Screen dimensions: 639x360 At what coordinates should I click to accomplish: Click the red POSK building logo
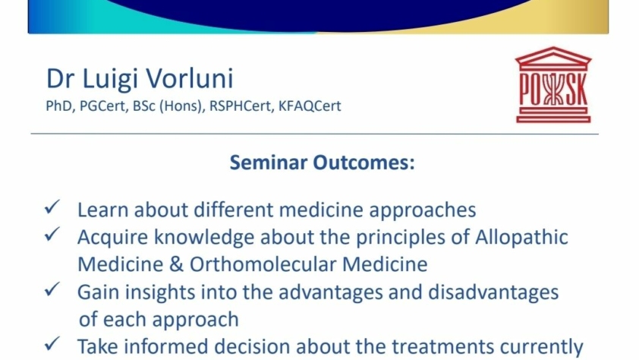[x=553, y=85]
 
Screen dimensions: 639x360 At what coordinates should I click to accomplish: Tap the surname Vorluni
[x=190, y=78]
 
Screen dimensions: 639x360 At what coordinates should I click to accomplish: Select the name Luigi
[x=109, y=80]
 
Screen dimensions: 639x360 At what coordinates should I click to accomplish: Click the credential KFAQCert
[x=310, y=106]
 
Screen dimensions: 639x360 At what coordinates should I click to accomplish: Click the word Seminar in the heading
[x=269, y=163]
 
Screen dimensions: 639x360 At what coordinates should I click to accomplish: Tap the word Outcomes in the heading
[x=364, y=163]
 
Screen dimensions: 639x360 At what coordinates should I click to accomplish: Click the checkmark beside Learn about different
[x=52, y=207]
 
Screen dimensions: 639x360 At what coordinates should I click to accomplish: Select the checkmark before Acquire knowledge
[x=52, y=235]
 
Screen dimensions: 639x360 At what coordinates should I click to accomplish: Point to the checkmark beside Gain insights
[x=52, y=289]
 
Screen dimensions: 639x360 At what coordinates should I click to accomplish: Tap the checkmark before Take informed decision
[x=52, y=344]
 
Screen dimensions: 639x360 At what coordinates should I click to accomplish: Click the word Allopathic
[x=521, y=238]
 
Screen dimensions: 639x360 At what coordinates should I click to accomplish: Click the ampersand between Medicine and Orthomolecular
[x=176, y=264]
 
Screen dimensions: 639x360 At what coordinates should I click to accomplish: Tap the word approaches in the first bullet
[x=422, y=210]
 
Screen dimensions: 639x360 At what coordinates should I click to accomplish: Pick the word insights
[x=159, y=292]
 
